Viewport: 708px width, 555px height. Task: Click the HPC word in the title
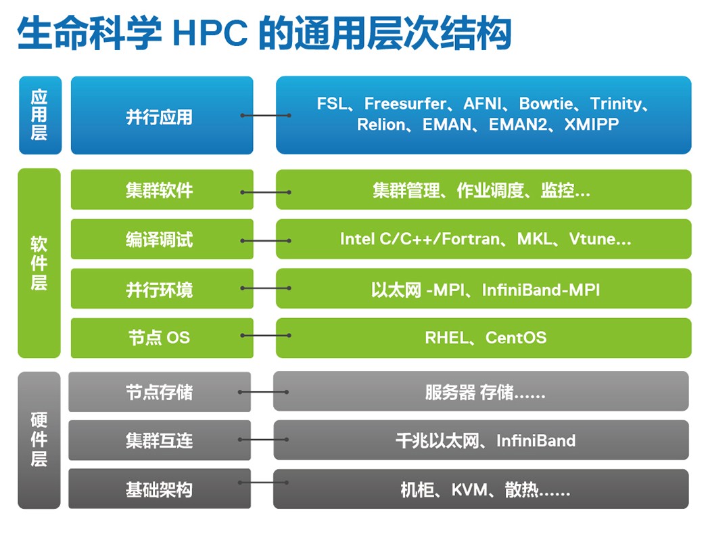click(x=210, y=32)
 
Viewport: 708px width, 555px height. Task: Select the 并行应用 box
click(x=162, y=115)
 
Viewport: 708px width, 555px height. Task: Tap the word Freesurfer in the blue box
click(x=405, y=104)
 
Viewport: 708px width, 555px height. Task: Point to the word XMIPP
click(x=592, y=125)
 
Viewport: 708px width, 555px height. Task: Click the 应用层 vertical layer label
click(x=40, y=115)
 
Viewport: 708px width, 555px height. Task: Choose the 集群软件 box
click(x=162, y=190)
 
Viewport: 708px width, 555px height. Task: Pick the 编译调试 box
click(x=162, y=239)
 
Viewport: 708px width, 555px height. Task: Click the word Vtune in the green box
click(x=592, y=239)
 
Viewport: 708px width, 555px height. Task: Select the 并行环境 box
click(x=162, y=288)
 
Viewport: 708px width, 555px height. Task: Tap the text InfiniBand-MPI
click(x=541, y=290)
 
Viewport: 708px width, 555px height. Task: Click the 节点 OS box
click(x=162, y=338)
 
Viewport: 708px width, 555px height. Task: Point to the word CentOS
click(x=516, y=338)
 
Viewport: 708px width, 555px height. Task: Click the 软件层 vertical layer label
click(x=39, y=263)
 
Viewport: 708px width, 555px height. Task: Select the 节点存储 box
click(x=160, y=392)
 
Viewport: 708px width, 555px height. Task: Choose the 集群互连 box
click(x=160, y=440)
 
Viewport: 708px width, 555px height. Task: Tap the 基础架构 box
click(x=160, y=489)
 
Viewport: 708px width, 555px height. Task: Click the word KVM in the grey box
click(x=469, y=490)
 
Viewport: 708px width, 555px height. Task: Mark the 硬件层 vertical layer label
click(x=39, y=440)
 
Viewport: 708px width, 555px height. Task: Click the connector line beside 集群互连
click(x=264, y=439)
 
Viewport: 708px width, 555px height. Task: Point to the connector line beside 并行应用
click(x=266, y=115)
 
